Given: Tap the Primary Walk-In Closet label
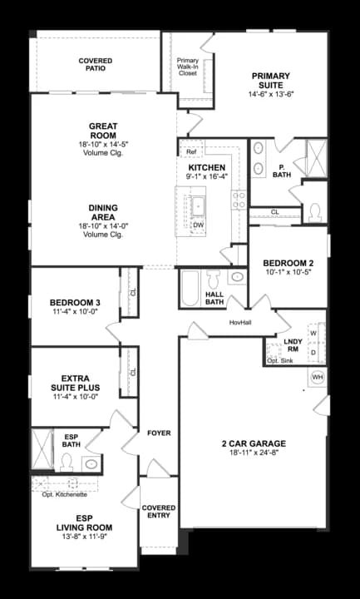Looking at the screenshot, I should click(x=188, y=67).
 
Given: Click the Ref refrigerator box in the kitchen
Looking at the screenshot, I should click(x=190, y=152).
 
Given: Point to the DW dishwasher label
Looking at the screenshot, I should click(x=198, y=225).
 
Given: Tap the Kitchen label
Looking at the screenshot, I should click(x=207, y=167).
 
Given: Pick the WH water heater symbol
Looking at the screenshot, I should click(x=317, y=378).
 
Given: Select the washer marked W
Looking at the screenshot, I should click(x=313, y=333).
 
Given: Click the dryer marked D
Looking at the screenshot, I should click(x=313, y=352).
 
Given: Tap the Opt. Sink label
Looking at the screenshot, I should click(x=279, y=361).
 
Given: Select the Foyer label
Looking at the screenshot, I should click(x=159, y=433).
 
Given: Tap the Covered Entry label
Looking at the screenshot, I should click(x=158, y=511).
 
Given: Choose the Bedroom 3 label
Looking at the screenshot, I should click(x=75, y=302).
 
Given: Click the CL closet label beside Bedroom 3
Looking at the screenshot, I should click(x=132, y=293).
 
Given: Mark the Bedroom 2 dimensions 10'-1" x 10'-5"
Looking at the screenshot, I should click(x=288, y=271).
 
